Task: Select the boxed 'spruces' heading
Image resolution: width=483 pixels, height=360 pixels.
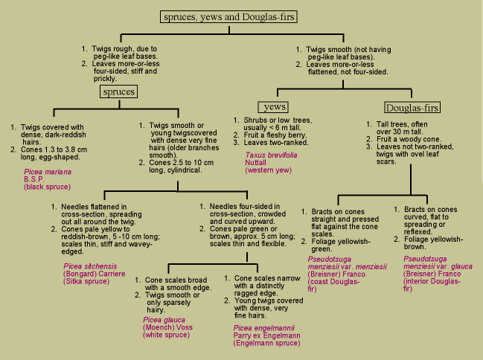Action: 120,91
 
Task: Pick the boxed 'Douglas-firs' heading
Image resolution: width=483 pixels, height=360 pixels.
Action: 391,108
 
